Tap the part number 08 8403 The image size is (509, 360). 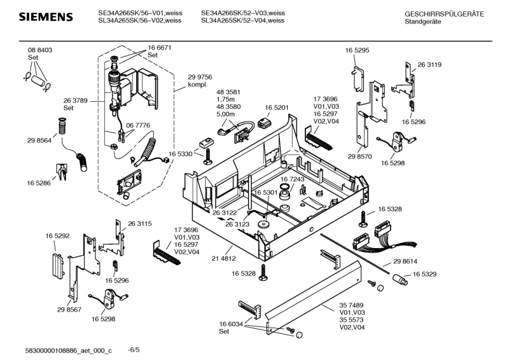[39, 50]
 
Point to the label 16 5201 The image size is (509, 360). [277, 108]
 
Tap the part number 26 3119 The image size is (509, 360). [429, 65]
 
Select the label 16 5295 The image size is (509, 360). [357, 50]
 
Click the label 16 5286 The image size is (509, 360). [39, 183]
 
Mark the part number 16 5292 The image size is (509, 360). [57, 236]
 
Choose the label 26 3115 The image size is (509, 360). [140, 223]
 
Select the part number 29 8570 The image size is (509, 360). [359, 156]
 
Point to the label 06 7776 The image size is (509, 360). [138, 126]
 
